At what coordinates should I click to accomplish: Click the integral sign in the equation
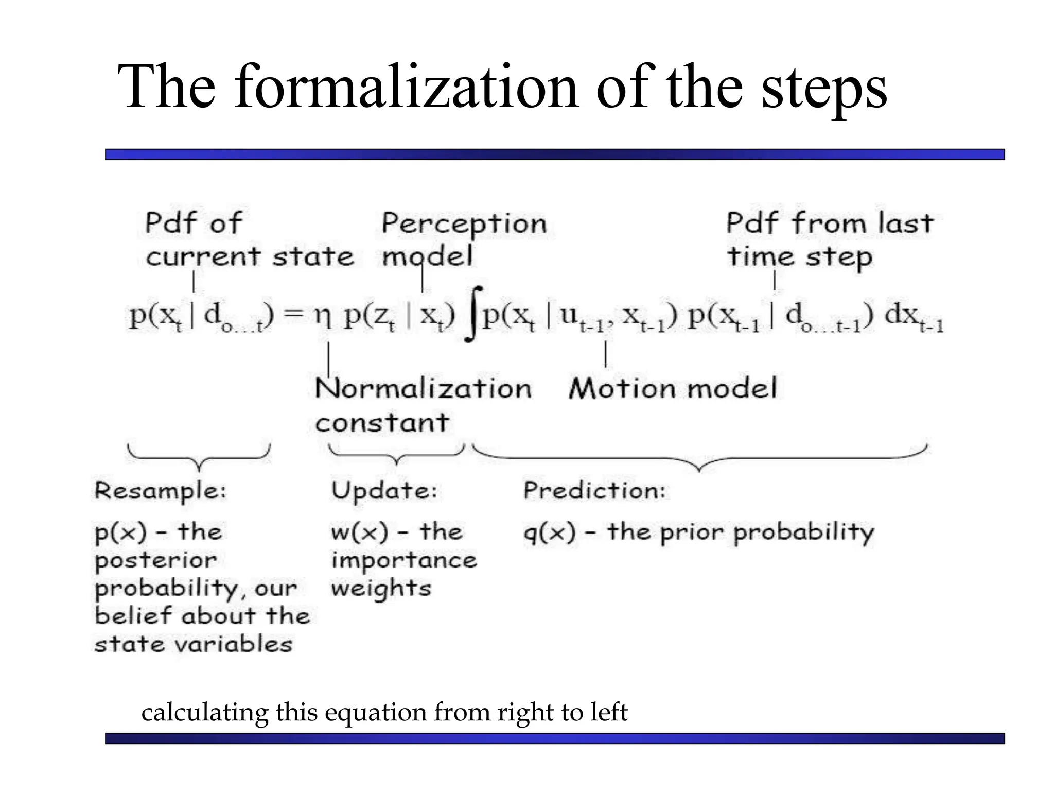pyautogui.click(x=474, y=314)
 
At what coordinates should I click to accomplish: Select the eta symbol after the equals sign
pyautogui.click(x=323, y=315)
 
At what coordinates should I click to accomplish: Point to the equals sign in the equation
pyautogui.click(x=294, y=314)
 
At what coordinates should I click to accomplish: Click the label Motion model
pyautogui.click(x=673, y=388)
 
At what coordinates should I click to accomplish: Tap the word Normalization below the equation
pyautogui.click(x=423, y=388)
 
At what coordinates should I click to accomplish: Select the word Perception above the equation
pyautogui.click(x=464, y=224)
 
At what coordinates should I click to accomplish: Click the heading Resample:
pyautogui.click(x=160, y=490)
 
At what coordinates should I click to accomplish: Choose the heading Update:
pyautogui.click(x=384, y=490)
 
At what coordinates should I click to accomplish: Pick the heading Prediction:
pyautogui.click(x=594, y=490)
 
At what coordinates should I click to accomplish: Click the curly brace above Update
pyautogui.click(x=396, y=455)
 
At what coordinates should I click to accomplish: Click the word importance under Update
pyautogui.click(x=404, y=560)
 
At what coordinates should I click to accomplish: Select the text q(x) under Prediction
pyautogui.click(x=549, y=532)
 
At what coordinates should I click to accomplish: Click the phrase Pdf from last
pyautogui.click(x=829, y=223)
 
